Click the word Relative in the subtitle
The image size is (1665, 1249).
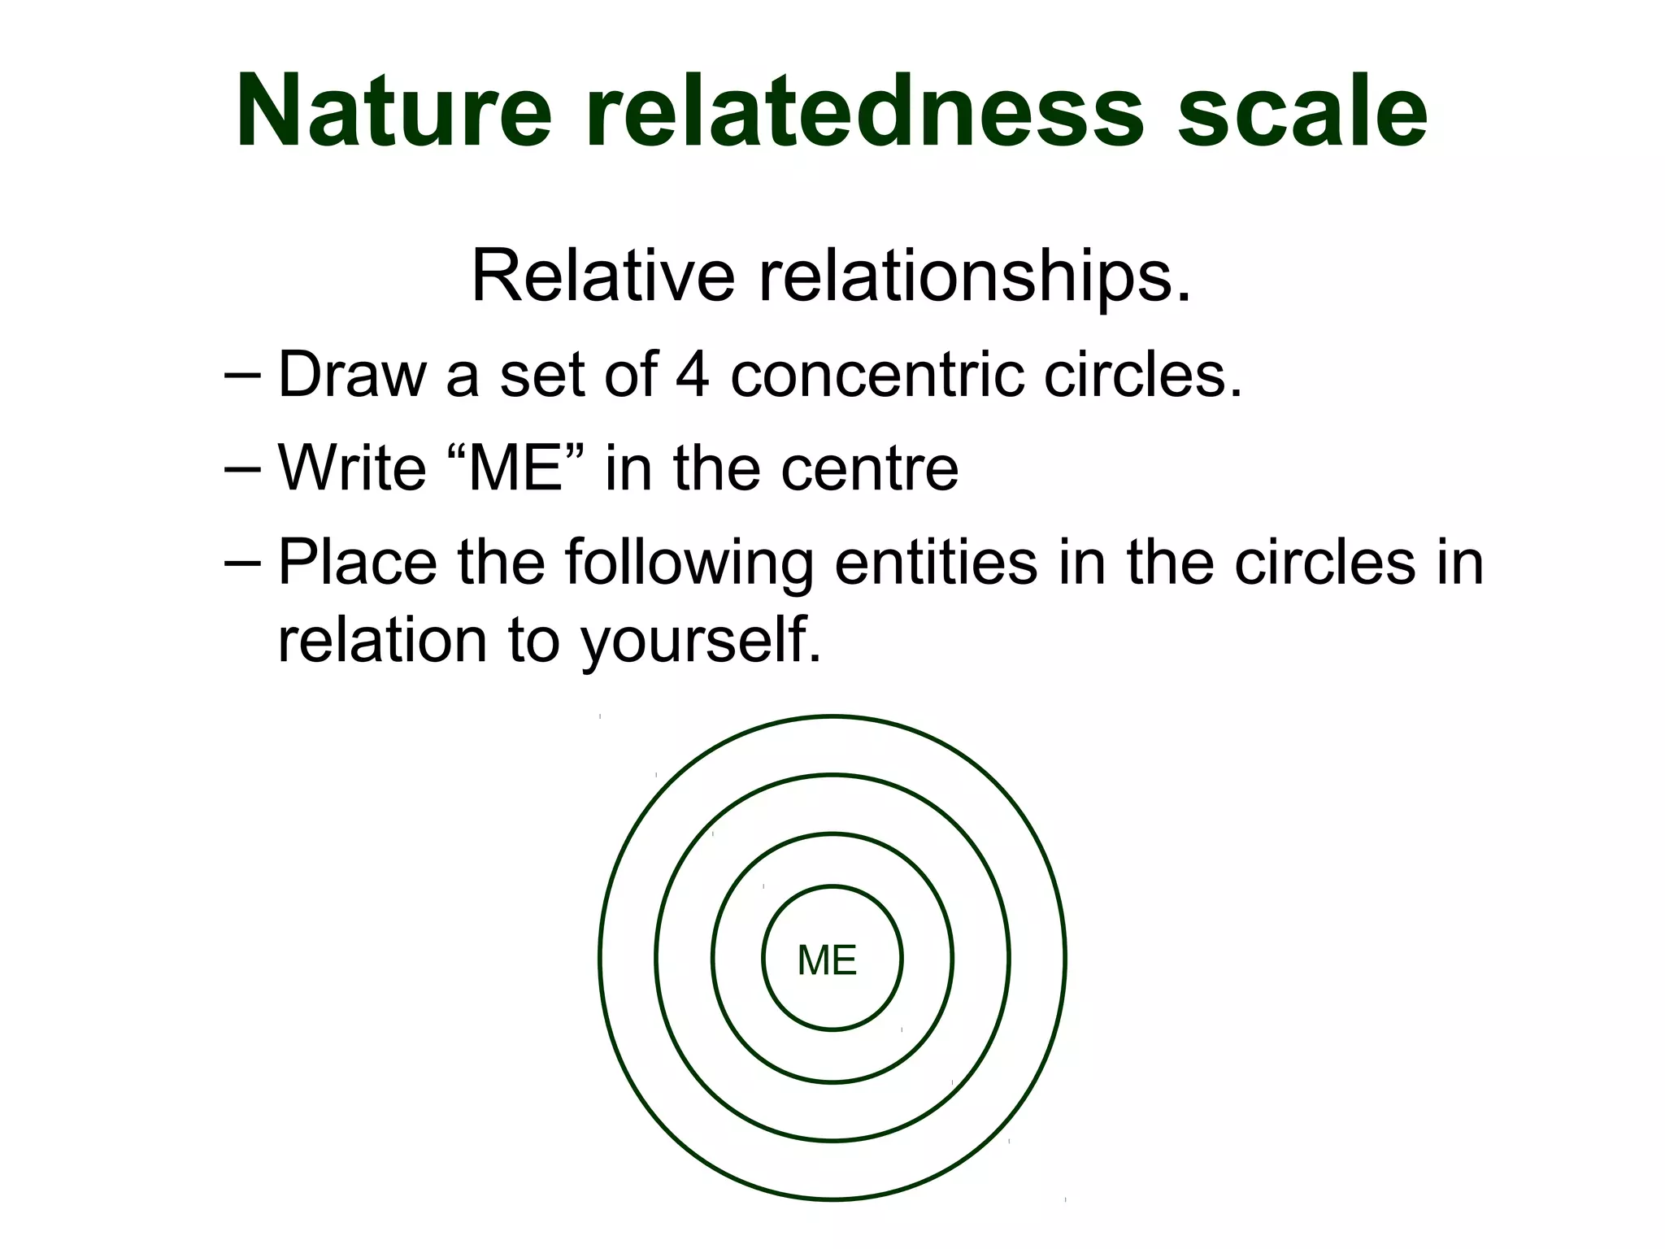coord(602,276)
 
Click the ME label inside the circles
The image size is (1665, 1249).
coord(827,960)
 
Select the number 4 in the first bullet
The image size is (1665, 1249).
coord(691,374)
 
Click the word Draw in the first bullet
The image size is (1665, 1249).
coord(352,374)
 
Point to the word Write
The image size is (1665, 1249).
coord(352,468)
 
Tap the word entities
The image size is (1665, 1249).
coord(935,561)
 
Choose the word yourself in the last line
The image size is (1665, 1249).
coord(699,642)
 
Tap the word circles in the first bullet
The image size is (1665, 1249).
coord(1142,374)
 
